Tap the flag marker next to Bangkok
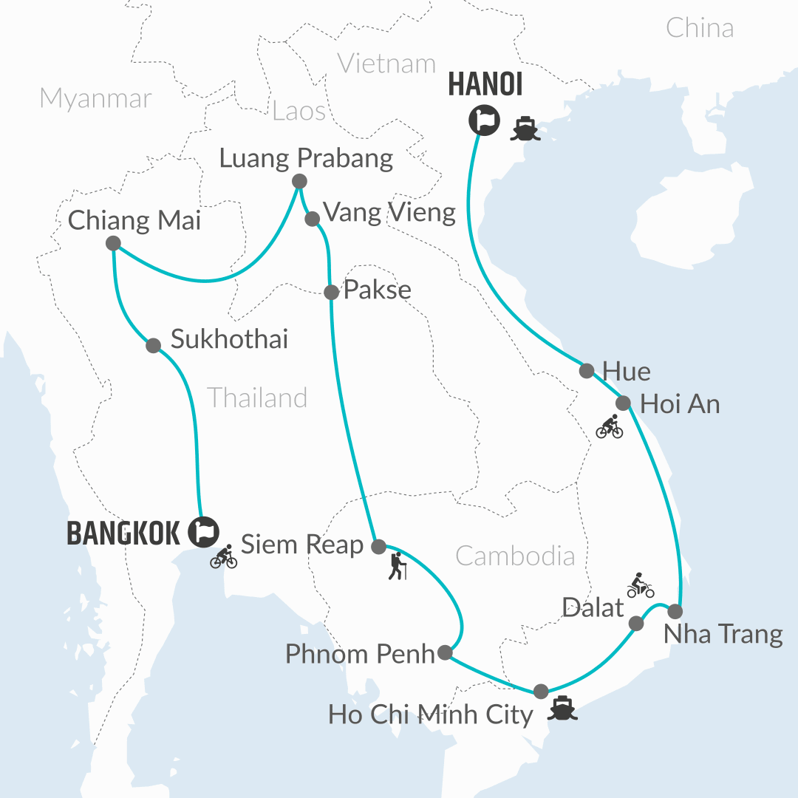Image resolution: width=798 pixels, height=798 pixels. pyautogui.click(x=203, y=531)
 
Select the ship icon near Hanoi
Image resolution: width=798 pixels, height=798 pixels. pyautogui.click(x=527, y=129)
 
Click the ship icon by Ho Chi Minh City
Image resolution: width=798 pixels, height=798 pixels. pyautogui.click(x=562, y=707)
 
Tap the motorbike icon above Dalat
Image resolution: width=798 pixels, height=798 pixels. pyautogui.click(x=640, y=585)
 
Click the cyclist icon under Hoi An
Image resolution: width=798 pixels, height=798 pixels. pyautogui.click(x=610, y=427)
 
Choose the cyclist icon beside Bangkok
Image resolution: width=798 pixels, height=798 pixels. pyautogui.click(x=224, y=556)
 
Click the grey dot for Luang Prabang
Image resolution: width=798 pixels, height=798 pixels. pyautogui.click(x=299, y=181)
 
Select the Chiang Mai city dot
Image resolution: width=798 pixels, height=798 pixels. pyautogui.click(x=113, y=243)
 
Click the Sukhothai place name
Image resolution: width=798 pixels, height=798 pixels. pyautogui.click(x=229, y=339)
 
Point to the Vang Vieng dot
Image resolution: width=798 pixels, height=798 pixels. pyautogui.click(x=312, y=219)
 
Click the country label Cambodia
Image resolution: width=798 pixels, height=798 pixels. pyautogui.click(x=515, y=556)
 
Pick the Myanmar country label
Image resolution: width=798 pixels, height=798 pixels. pyautogui.click(x=96, y=98)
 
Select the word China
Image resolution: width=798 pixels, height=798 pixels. pyautogui.click(x=700, y=28)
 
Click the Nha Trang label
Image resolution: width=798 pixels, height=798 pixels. pyautogui.click(x=723, y=635)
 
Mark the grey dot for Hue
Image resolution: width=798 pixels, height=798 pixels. pyautogui.click(x=587, y=370)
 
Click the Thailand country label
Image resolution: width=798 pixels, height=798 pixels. pyautogui.click(x=257, y=398)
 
